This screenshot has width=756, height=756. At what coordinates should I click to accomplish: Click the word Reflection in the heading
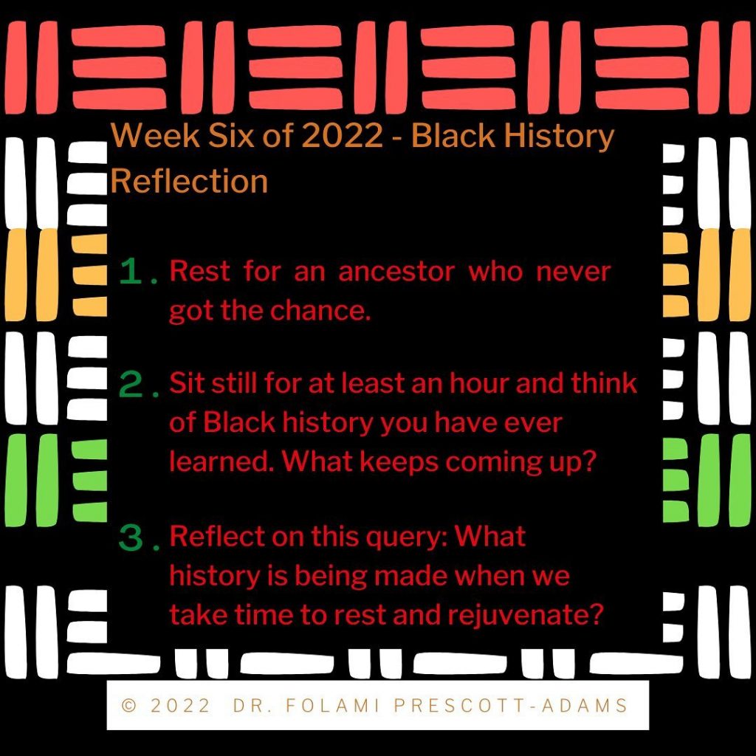coord(189,182)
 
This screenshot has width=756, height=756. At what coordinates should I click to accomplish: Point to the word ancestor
coord(396,272)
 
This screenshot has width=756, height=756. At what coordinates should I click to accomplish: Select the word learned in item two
coord(223,461)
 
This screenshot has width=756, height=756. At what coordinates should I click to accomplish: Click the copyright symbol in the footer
coord(128,706)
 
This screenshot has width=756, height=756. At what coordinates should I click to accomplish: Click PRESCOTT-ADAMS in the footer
coord(511,705)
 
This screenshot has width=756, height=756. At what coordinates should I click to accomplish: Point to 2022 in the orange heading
coord(343,135)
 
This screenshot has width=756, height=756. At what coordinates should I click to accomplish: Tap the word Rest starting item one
coord(199,272)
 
